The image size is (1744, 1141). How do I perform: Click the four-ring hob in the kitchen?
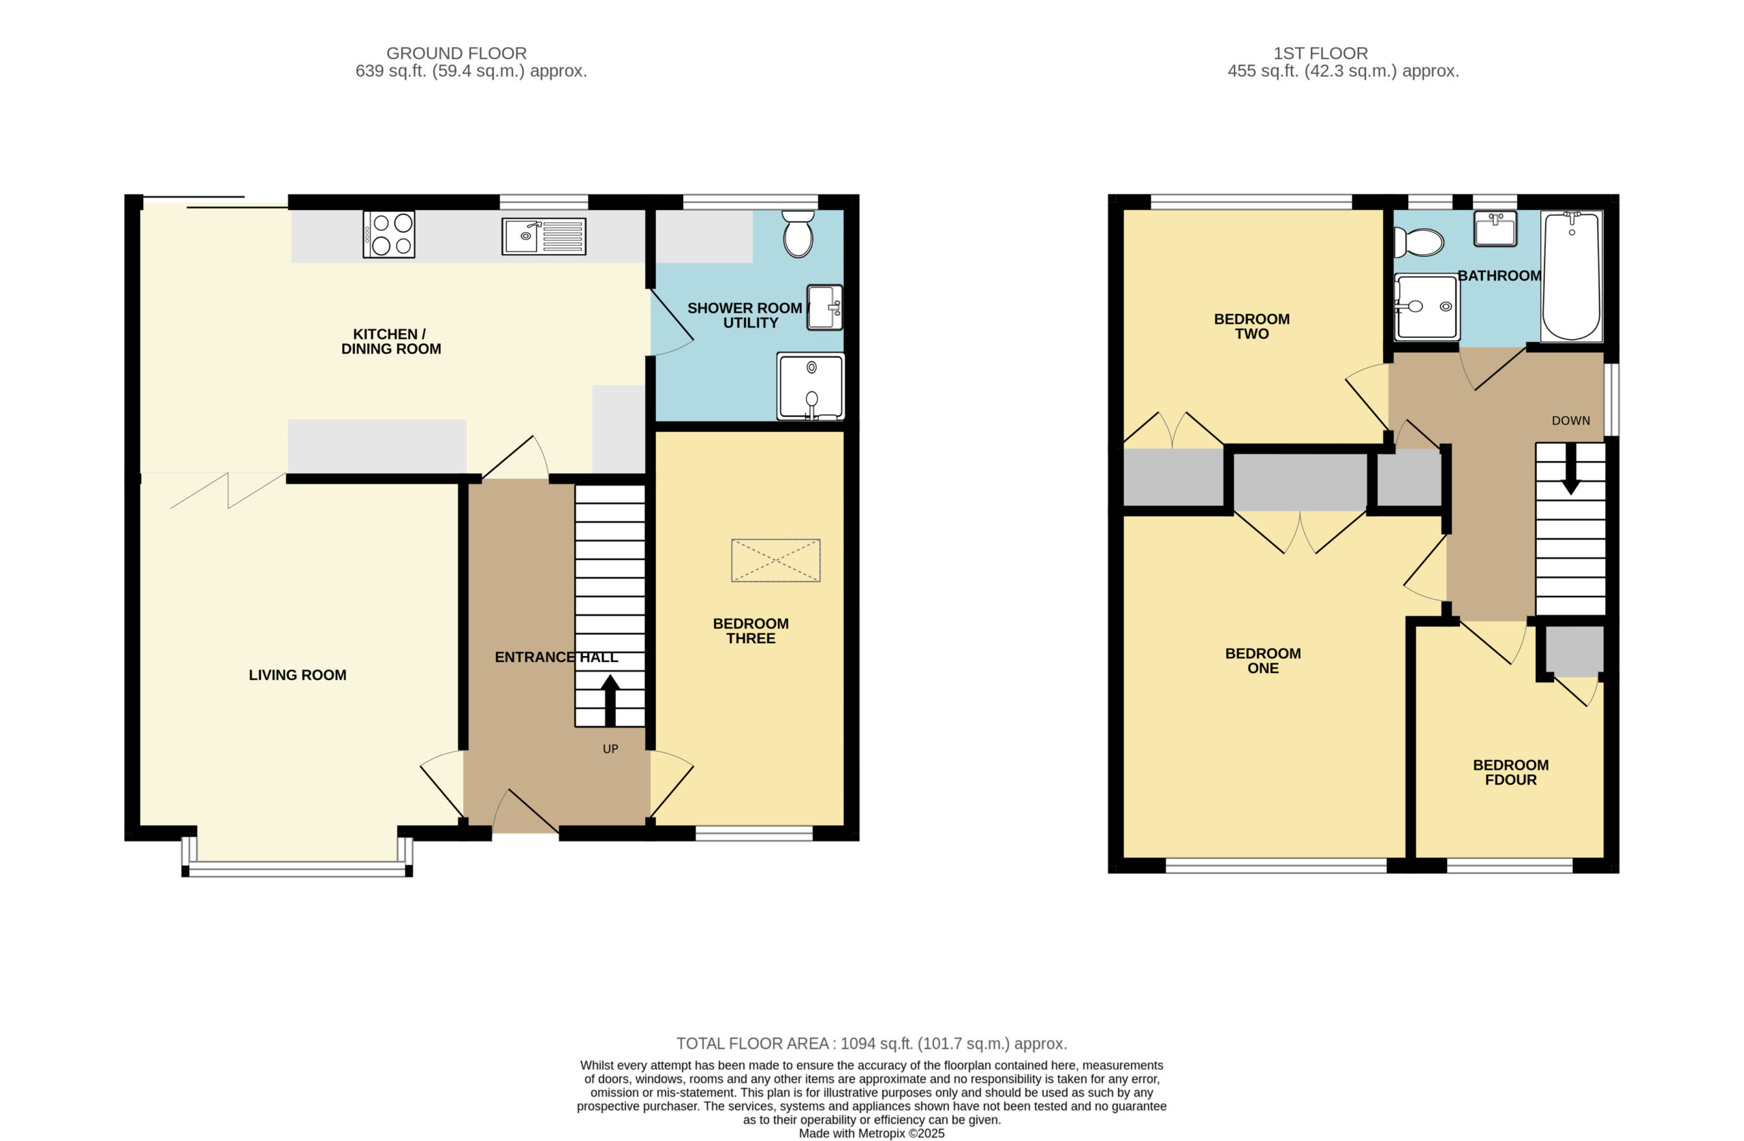388,234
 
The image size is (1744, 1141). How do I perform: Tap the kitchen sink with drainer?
544,236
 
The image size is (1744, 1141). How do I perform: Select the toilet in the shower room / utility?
798,234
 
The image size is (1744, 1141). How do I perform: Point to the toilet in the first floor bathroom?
1418,242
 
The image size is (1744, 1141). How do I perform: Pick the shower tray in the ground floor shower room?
811,386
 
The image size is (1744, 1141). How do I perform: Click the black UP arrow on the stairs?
610,700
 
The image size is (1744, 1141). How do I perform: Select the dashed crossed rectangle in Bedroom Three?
775,561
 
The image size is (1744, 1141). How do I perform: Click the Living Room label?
298,675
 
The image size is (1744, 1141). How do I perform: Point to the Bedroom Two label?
1251,326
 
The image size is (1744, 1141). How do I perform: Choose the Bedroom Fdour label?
1511,772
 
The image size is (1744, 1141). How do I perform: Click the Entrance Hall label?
556,657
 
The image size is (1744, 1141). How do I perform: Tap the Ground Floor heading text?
456,54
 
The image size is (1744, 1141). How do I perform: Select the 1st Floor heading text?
1320,54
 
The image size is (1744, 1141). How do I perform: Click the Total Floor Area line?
871,1044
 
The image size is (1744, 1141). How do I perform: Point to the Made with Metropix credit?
871,1134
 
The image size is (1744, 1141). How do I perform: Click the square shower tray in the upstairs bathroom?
1427,307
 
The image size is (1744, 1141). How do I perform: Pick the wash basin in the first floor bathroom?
1495,229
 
